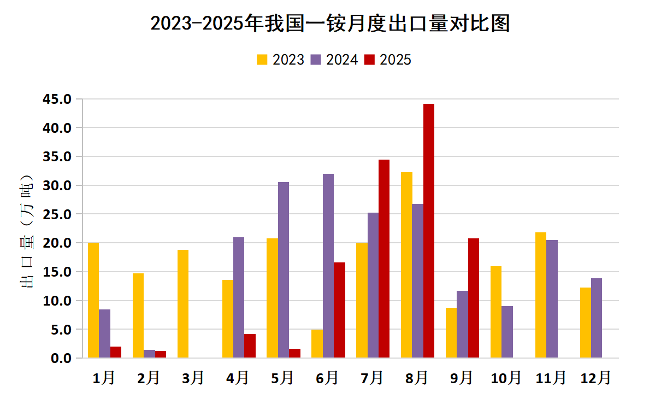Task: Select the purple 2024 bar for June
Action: tap(328, 266)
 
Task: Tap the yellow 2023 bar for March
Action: tap(183, 304)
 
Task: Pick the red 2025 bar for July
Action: tap(384, 259)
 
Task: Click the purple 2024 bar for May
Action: tap(284, 270)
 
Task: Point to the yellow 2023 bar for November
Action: tap(541, 295)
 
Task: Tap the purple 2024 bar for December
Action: tap(597, 318)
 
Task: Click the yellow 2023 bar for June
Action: tap(317, 344)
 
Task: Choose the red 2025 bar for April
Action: tap(250, 346)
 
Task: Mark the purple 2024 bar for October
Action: tap(507, 332)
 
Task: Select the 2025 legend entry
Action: tap(387, 60)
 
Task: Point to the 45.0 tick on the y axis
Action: tap(60, 99)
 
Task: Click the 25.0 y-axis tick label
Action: tap(60, 214)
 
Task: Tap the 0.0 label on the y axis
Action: tap(63, 358)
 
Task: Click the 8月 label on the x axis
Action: tap(417, 377)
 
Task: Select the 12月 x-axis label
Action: tap(595, 377)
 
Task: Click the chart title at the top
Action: tap(330, 24)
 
